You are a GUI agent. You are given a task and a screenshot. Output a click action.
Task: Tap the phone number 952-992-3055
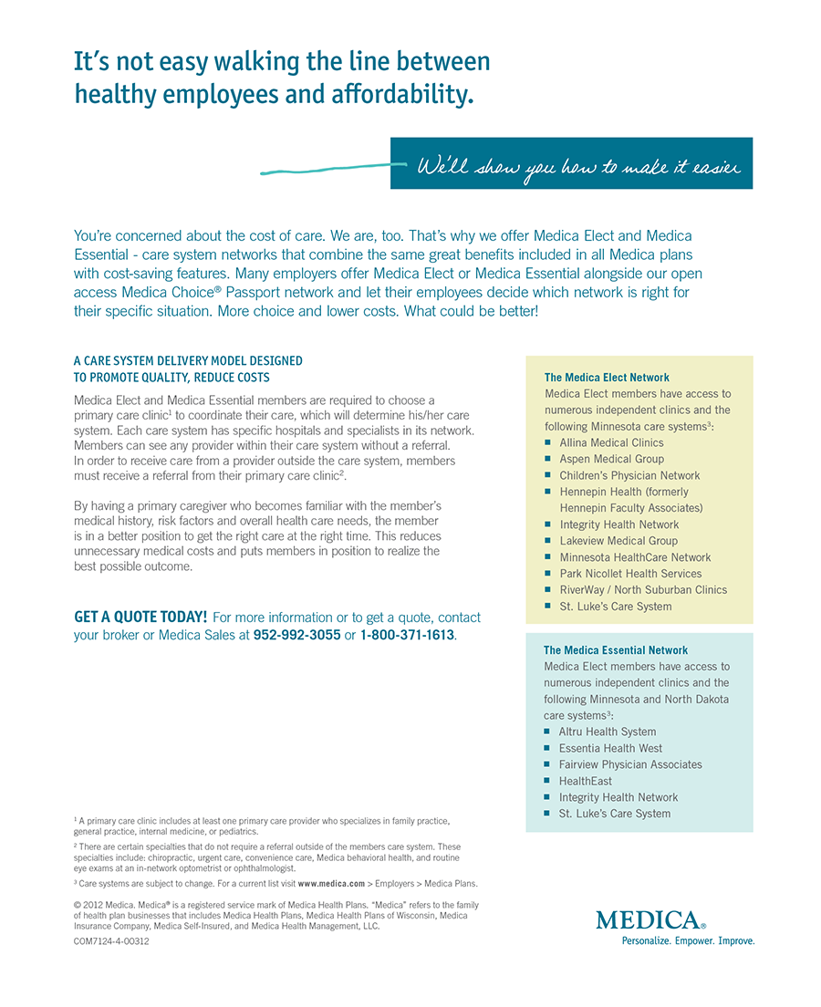pos(296,635)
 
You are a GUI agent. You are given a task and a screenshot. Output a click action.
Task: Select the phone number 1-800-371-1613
pos(407,635)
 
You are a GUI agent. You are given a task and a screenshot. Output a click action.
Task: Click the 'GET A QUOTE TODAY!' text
pos(140,618)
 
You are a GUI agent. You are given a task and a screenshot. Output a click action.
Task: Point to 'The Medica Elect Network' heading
pos(607,378)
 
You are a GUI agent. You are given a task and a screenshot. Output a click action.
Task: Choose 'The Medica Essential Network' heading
pos(616,650)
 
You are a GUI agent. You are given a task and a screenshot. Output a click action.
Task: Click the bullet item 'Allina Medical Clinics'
pos(611,442)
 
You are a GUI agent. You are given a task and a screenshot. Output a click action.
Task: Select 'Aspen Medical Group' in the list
pos(611,459)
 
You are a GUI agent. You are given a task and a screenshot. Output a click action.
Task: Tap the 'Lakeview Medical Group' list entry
pos(618,541)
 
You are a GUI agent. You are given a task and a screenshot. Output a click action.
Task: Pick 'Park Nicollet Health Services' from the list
pos(630,574)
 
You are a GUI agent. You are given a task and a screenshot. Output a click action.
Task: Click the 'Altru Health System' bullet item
pos(608,732)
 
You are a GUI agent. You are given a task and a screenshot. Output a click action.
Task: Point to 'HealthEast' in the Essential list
pos(586,781)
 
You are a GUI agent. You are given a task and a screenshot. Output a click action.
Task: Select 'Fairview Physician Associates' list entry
pos(630,764)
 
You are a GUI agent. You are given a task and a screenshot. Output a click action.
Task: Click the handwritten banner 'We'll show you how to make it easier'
pos(578,166)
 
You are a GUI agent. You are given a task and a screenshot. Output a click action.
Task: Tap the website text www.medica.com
pos(331,884)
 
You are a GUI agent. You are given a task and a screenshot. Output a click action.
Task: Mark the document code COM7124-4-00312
pos(111,941)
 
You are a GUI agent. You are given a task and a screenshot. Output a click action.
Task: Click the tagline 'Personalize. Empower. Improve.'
pos(688,941)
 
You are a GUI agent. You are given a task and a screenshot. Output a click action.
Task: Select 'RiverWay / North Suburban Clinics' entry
pos(643,590)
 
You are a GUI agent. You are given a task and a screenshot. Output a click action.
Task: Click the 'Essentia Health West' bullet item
pos(610,748)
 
